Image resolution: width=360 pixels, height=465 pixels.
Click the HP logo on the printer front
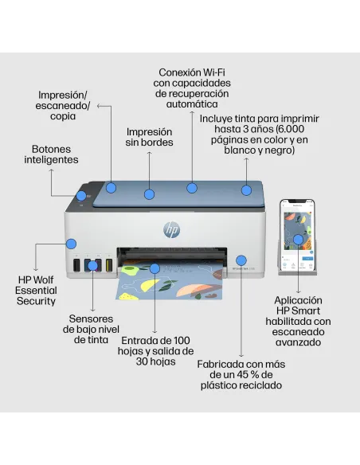pos(171,229)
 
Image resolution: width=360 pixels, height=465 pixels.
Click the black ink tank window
pos(76,265)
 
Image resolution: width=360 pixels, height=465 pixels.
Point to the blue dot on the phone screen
pos(298,239)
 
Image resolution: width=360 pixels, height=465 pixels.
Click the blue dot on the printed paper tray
pos(155,269)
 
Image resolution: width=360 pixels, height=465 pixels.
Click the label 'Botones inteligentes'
pos(55,154)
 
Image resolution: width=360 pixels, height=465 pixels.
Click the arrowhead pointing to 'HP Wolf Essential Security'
pos(37,269)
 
